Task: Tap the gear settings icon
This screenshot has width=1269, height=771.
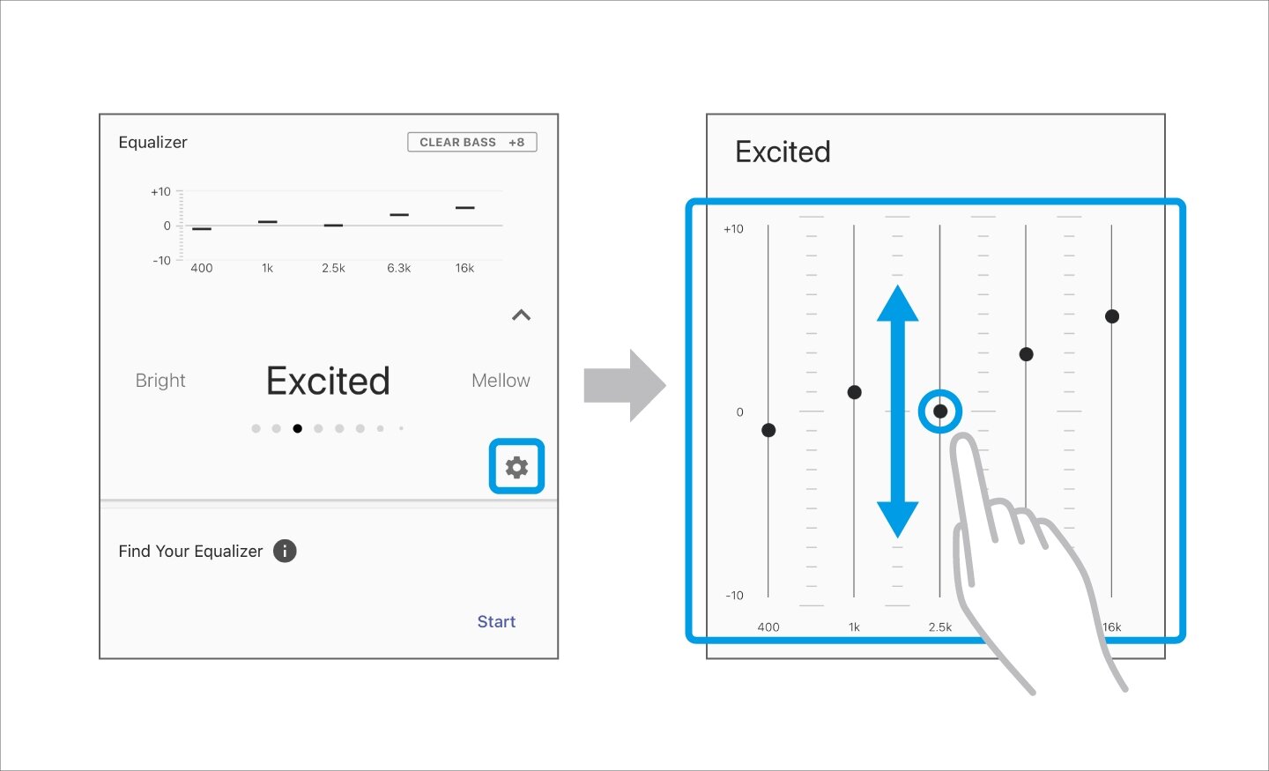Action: point(516,467)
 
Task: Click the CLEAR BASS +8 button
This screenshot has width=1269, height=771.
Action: point(472,142)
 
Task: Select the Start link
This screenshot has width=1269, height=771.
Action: point(496,621)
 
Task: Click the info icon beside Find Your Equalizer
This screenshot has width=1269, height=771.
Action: point(285,551)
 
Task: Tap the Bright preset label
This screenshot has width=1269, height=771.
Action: point(160,380)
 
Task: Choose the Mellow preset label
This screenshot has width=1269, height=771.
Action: point(501,380)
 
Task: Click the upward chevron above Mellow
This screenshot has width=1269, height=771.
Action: point(521,315)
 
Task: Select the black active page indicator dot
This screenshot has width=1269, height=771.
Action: point(298,428)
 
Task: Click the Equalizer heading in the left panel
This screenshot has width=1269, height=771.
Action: point(152,142)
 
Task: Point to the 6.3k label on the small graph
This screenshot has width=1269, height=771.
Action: point(399,268)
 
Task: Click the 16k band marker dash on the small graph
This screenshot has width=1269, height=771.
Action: point(465,208)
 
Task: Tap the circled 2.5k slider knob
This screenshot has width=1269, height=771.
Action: point(939,411)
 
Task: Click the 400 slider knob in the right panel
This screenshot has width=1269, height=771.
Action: point(768,430)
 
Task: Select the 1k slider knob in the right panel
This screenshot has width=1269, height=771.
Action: point(854,392)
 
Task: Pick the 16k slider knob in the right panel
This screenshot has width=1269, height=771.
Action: point(1111,316)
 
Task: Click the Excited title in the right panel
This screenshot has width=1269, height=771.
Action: point(783,152)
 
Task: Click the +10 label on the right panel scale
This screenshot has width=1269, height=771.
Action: point(733,229)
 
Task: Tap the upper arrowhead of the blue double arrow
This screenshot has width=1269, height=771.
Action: point(897,303)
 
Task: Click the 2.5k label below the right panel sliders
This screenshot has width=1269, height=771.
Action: point(939,627)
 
